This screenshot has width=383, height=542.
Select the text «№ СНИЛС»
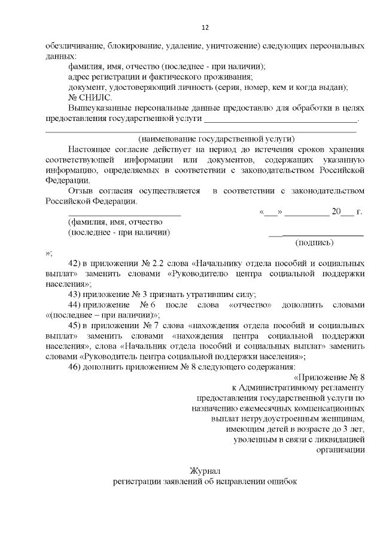pos(87,98)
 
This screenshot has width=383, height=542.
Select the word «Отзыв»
pos(81,190)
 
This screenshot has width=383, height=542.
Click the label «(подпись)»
pos(315,243)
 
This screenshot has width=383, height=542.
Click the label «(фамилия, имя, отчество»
pos(111,222)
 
